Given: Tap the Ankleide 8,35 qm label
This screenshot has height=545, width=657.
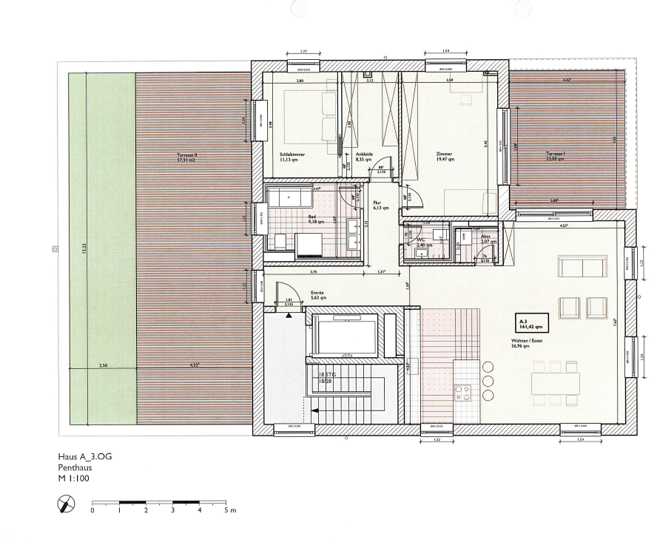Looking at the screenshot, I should tap(363, 157).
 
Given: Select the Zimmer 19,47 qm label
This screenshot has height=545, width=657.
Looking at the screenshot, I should tap(444, 157).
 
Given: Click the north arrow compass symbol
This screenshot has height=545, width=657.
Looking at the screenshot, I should tap(67, 505).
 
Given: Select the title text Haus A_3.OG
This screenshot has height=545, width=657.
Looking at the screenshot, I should tap(85, 458).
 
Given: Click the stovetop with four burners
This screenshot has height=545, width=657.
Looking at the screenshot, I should tap(463, 392).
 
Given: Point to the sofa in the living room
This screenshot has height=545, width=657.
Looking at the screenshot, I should tap(582, 267).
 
